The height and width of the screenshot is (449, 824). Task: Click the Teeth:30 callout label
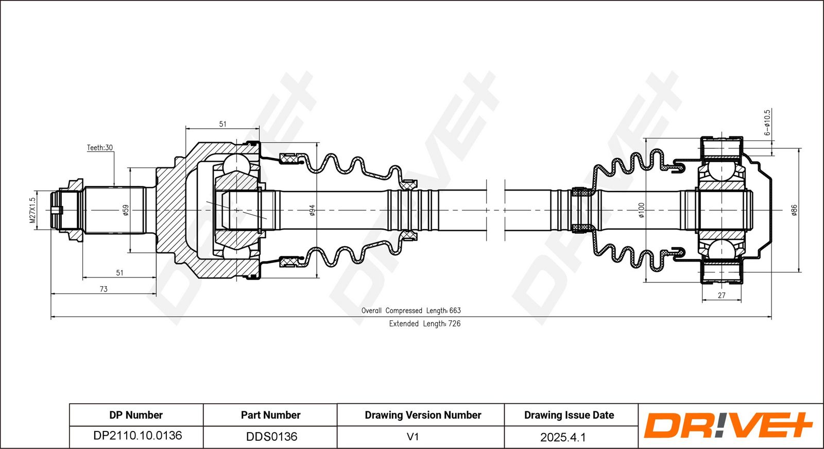click(99, 148)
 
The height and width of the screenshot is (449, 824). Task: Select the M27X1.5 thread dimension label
click(33, 210)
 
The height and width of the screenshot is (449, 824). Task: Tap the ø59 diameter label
click(125, 210)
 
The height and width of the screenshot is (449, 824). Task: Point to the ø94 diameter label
click(312, 210)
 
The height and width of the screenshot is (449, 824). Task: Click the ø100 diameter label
click(641, 210)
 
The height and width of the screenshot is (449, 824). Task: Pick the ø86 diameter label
click(794, 210)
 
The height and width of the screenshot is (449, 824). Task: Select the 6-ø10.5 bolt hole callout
click(767, 123)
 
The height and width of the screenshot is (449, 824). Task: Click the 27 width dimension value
click(722, 296)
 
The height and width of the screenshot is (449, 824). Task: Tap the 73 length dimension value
click(104, 289)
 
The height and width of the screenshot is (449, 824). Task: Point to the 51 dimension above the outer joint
click(222, 124)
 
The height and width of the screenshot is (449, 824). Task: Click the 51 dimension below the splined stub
click(119, 273)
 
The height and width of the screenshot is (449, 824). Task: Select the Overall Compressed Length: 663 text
click(411, 310)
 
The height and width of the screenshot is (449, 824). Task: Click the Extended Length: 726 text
click(424, 323)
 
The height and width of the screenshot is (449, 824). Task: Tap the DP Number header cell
click(136, 415)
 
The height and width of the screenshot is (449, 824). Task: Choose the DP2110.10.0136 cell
click(138, 436)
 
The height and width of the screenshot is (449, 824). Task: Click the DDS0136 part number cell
click(271, 437)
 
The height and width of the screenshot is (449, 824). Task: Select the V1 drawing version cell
click(413, 437)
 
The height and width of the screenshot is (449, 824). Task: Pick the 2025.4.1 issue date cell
click(563, 437)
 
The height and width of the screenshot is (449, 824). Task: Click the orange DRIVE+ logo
click(728, 426)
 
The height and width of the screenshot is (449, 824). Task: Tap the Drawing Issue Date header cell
click(569, 415)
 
